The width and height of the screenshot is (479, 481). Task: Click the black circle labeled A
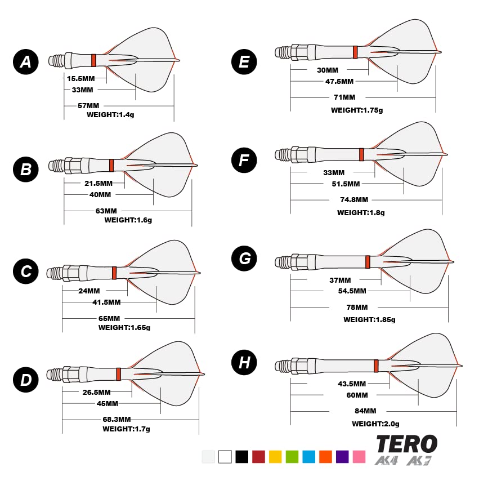tap(26, 62)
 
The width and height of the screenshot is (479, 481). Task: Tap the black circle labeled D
tap(26, 380)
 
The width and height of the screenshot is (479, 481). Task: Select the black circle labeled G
tap(244, 259)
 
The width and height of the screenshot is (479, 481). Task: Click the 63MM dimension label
tap(106, 211)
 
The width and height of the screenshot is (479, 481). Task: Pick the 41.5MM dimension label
tap(108, 302)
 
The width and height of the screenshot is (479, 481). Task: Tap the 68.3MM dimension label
tap(117, 419)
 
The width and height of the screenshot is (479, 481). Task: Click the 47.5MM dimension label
tap(339, 81)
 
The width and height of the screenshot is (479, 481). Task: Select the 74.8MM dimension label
tap(354, 199)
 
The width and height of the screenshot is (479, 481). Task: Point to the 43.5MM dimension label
tap(352, 384)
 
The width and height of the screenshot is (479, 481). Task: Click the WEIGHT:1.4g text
tap(110, 114)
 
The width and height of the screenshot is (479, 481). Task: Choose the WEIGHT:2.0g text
tap(375, 424)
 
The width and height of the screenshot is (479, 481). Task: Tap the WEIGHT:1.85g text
tap(369, 319)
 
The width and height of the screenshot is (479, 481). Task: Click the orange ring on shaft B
tap(111, 165)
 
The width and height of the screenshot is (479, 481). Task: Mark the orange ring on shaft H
tap(376, 366)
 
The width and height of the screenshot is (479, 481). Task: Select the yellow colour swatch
tap(275, 457)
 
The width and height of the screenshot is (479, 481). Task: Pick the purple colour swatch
tap(342, 457)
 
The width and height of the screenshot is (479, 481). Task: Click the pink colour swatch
tap(359, 457)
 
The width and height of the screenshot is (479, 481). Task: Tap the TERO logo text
tap(406, 444)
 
